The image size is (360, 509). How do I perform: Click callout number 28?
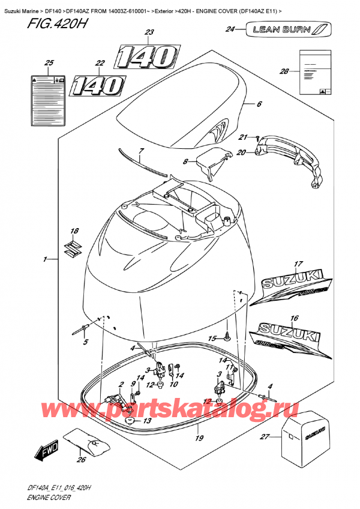click(284, 71)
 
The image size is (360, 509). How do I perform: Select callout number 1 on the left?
click(44, 259)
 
